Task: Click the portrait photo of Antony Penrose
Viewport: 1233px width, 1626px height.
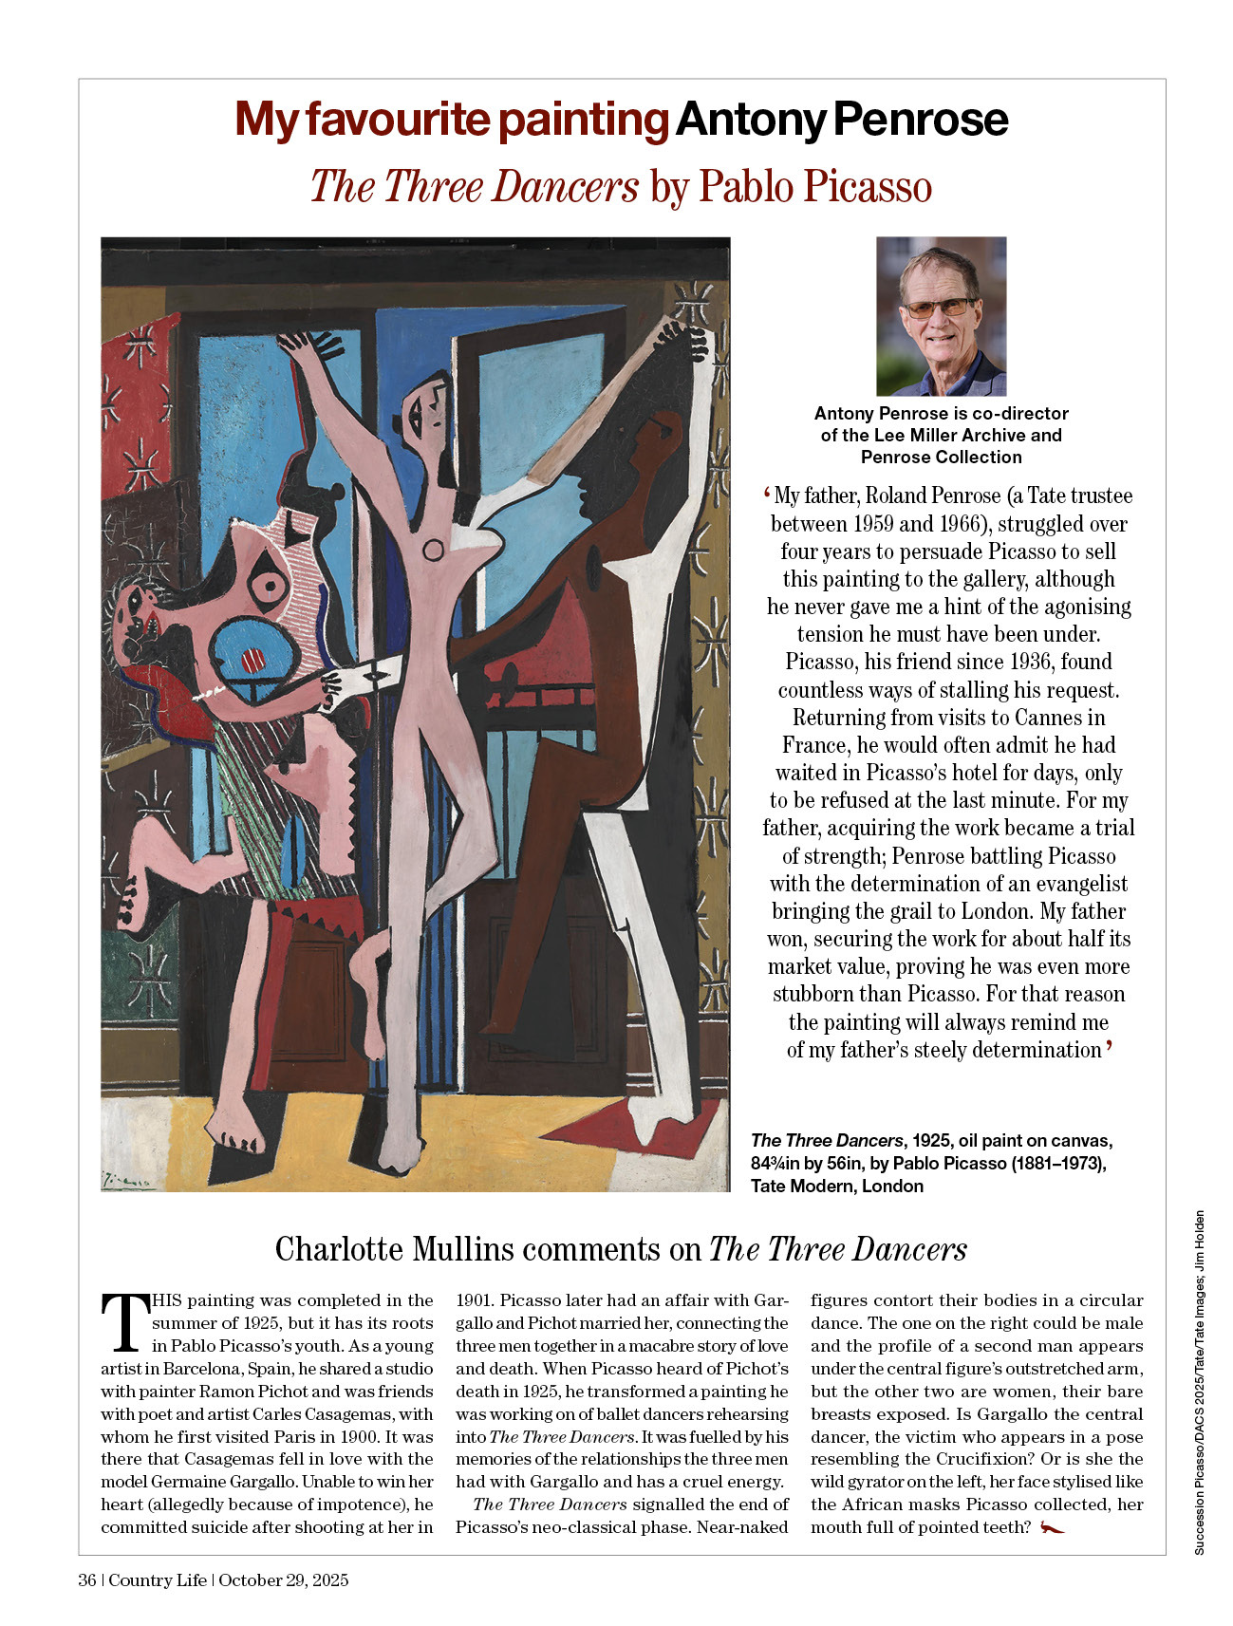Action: (941, 316)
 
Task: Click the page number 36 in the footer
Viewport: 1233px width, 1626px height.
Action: (87, 1580)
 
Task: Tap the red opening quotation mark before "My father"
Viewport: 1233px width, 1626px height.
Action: (766, 495)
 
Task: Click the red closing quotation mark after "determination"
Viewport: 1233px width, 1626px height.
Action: (1109, 1047)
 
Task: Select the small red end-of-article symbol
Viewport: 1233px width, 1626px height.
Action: (1052, 1527)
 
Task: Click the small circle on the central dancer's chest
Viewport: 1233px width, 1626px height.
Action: (433, 550)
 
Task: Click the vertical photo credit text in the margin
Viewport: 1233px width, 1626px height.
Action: (1199, 1381)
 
